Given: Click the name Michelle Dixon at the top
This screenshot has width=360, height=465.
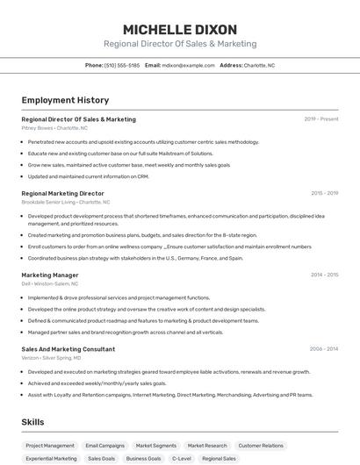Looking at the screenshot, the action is [x=180, y=28].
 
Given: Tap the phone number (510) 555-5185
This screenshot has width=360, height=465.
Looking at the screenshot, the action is [x=122, y=65].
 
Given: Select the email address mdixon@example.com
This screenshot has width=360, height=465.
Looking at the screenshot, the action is [x=188, y=65].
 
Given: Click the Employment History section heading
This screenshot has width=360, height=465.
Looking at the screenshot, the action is [x=65, y=100].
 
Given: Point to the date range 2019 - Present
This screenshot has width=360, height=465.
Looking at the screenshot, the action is [x=320, y=119].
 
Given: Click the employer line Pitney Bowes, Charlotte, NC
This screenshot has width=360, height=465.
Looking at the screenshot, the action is [x=54, y=128].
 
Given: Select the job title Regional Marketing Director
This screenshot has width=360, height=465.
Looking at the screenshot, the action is [x=62, y=193].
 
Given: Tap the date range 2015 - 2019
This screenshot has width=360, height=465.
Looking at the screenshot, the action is [x=324, y=193].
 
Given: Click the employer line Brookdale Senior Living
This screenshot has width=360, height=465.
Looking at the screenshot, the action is [x=69, y=202].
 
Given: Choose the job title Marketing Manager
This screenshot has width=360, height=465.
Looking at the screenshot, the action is [x=50, y=275].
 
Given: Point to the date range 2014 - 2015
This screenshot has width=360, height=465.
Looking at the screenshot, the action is [x=324, y=275].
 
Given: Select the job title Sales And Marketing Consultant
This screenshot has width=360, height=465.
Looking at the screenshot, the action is [x=68, y=349].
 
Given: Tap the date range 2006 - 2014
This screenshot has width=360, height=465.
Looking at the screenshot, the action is [x=324, y=349].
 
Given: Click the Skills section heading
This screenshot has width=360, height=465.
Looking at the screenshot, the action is [x=32, y=422].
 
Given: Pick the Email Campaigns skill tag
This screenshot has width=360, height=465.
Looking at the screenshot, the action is [x=104, y=446].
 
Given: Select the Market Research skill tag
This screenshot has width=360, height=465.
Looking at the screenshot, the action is [x=207, y=446].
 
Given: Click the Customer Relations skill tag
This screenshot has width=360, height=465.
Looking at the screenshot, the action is [x=261, y=446].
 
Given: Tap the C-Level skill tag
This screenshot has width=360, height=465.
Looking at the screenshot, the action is [x=181, y=458].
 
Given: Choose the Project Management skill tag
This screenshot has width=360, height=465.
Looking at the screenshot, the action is [x=50, y=446].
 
